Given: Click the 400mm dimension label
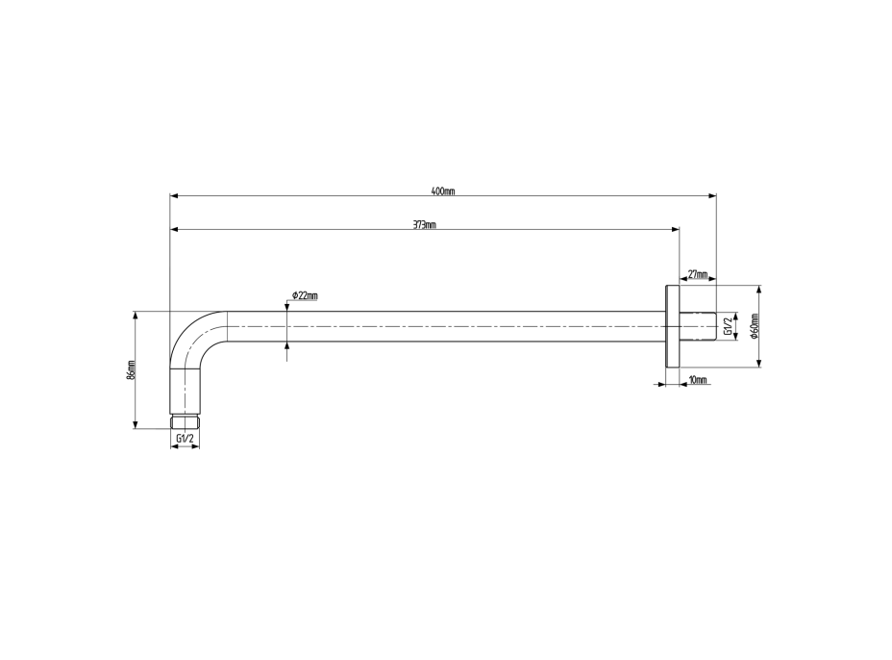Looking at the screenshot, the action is [443, 191].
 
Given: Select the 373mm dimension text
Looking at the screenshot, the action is [425, 224].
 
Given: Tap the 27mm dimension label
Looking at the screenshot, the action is [698, 274].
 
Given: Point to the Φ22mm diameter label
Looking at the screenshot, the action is [305, 295].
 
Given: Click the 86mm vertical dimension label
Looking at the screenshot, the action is [132, 370].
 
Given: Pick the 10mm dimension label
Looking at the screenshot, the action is [698, 380].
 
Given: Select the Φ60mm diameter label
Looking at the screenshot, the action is [755, 326].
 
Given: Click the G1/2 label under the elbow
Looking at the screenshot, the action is [186, 439].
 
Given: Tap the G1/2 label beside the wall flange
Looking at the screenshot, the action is [727, 326].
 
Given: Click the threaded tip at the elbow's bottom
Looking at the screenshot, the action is [186, 421].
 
